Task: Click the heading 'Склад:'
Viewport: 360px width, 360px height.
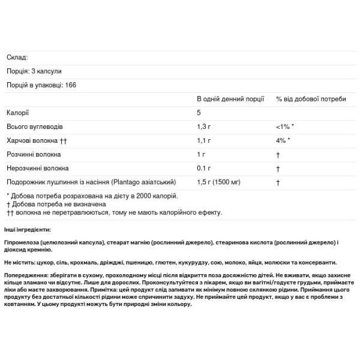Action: tap(17, 58)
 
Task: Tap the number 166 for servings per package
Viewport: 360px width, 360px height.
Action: tap(71, 85)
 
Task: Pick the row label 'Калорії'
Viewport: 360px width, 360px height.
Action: tap(17, 113)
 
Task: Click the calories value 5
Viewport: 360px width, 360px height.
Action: tap(199, 113)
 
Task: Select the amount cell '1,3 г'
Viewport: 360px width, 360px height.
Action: tap(205, 127)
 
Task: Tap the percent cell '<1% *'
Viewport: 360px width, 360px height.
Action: tap(285, 127)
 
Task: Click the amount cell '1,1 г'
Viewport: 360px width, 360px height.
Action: tap(204, 141)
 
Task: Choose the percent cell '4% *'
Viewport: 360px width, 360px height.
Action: tap(283, 141)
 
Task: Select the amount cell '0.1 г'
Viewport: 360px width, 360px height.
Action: tap(204, 169)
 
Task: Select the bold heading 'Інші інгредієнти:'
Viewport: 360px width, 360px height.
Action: tap(28, 230)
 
